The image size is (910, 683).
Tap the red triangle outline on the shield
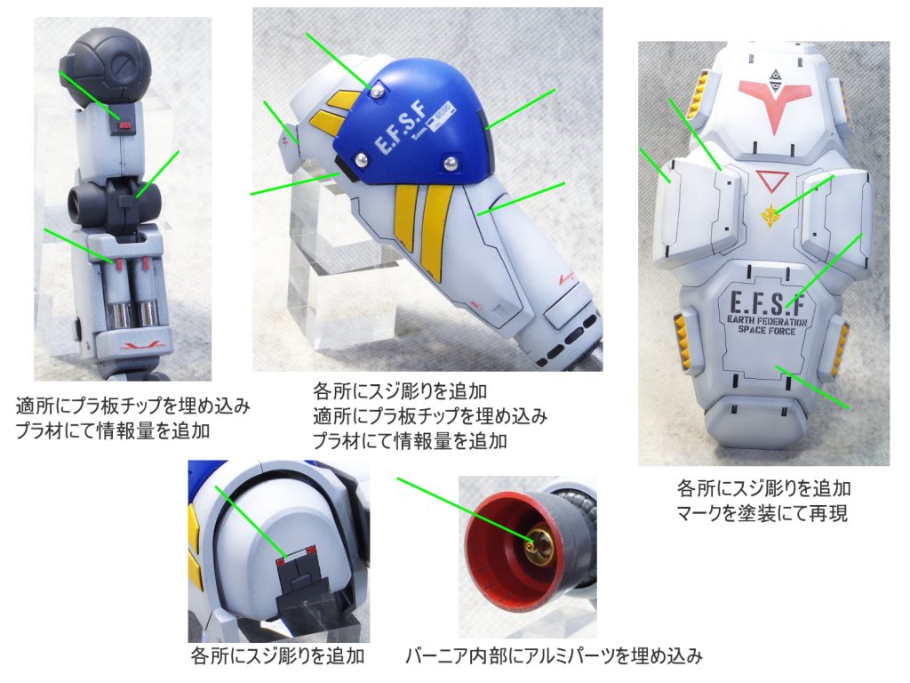[x=772, y=181]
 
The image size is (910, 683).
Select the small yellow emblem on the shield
[x=770, y=216]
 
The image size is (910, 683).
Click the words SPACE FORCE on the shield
[x=767, y=331]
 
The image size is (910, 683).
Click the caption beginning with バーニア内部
[x=554, y=656]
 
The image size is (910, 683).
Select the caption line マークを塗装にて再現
[x=762, y=513]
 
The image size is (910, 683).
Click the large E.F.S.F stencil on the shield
[x=767, y=302]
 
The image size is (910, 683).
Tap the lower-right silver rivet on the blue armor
[x=450, y=164]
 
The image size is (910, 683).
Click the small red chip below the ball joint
[x=124, y=125]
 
